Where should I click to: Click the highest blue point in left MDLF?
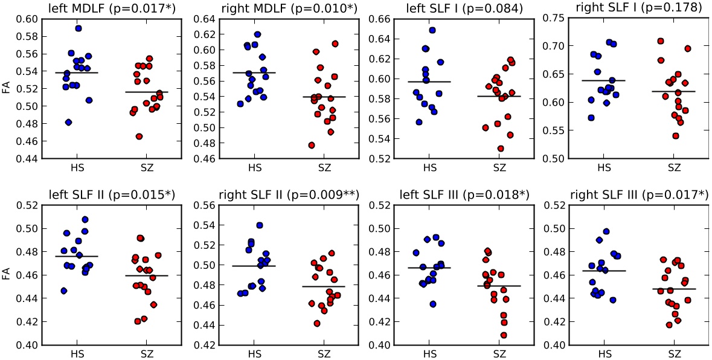(x=79, y=28)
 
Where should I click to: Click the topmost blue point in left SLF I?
(x=432, y=30)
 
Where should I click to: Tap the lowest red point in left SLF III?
(x=503, y=335)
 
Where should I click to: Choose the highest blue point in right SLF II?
(x=260, y=225)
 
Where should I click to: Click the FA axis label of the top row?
(x=6, y=88)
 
